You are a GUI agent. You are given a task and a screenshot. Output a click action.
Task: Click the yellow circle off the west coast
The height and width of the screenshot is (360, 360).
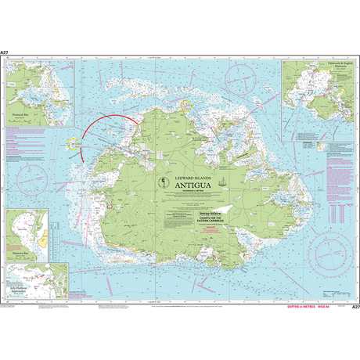click(x=75, y=143)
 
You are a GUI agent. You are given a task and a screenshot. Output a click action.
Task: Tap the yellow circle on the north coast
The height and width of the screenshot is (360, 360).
click(x=186, y=103)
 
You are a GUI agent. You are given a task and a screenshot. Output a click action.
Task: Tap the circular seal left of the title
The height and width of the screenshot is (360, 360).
click(x=161, y=182)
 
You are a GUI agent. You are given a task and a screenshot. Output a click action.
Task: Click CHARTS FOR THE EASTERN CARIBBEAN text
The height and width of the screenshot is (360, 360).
click(x=180, y=220)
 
